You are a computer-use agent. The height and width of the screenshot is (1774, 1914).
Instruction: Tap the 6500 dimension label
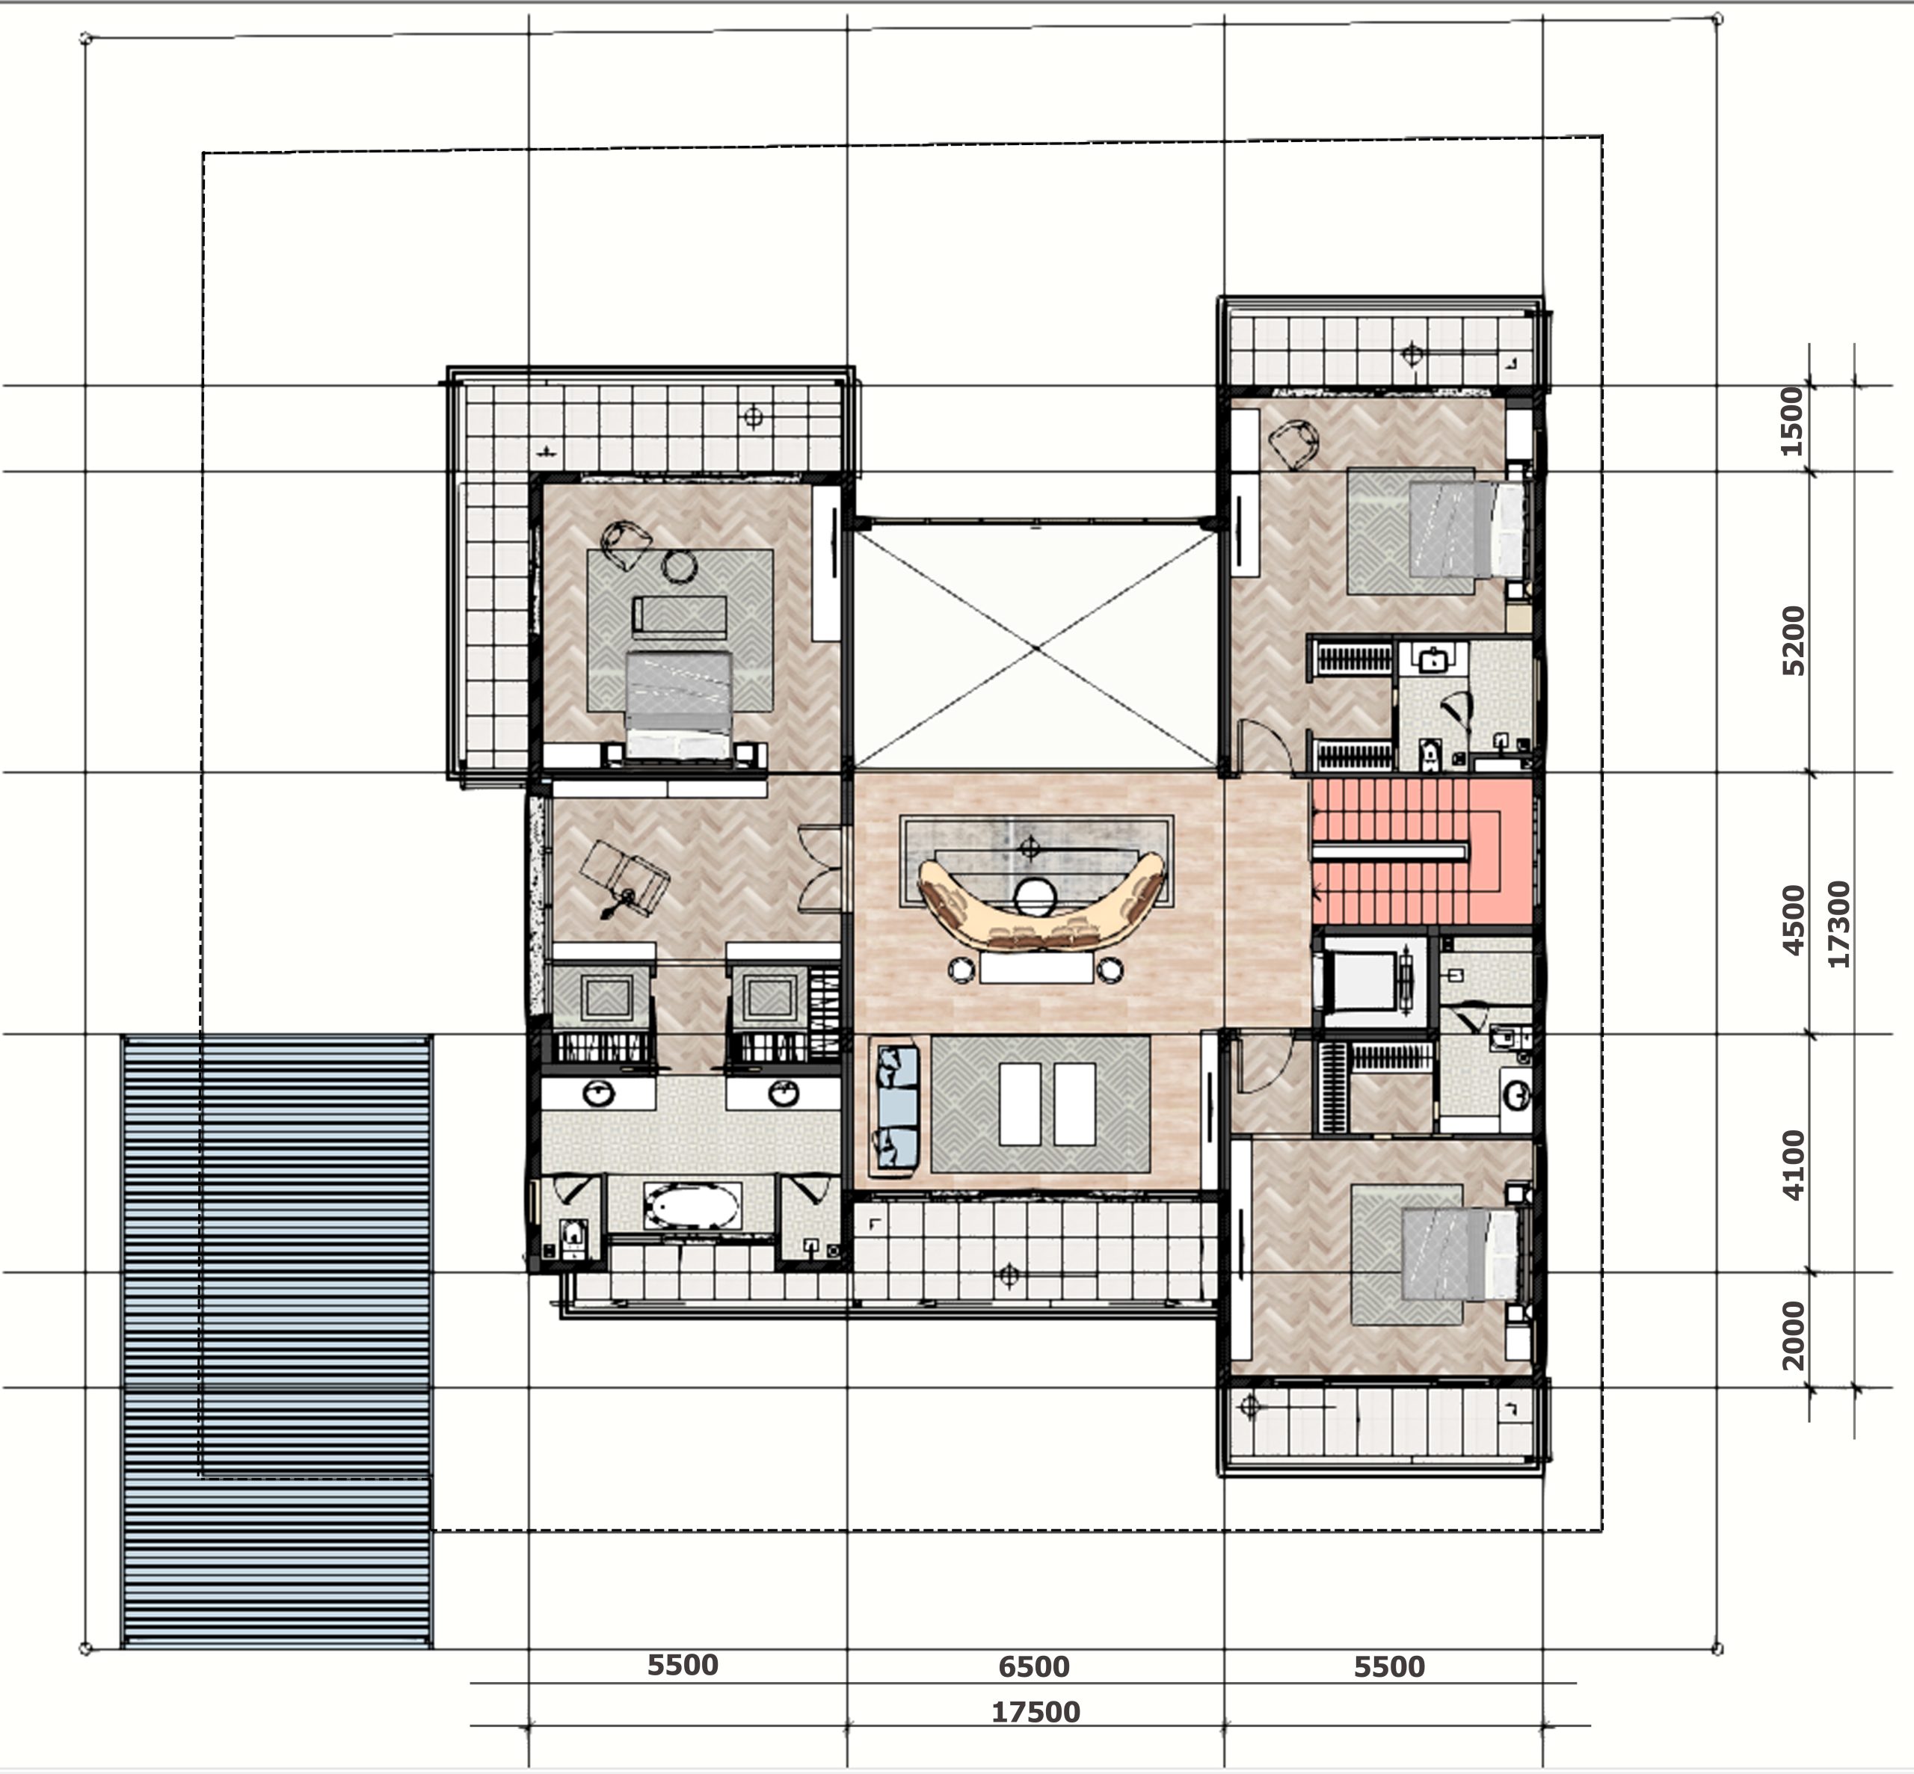(x=1034, y=1666)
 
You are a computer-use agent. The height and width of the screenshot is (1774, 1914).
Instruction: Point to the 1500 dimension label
(x=1791, y=422)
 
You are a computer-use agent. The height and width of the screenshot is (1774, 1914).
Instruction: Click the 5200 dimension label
(x=1792, y=640)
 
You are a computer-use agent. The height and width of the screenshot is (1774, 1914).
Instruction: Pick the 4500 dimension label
(x=1792, y=920)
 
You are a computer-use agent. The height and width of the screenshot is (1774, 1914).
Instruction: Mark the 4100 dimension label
(x=1792, y=1165)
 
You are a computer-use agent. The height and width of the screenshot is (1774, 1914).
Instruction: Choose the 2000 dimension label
(x=1792, y=1335)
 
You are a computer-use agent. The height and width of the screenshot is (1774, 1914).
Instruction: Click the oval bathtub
(x=693, y=1206)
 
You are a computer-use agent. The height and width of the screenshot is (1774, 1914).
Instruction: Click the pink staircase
(x=1421, y=851)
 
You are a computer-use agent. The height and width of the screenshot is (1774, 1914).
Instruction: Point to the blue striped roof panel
(x=277, y=1341)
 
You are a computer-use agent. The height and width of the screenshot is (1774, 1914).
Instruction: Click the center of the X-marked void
(x=1036, y=649)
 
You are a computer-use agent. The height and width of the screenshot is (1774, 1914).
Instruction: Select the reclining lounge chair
(x=626, y=876)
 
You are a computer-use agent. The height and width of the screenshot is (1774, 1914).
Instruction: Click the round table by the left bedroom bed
(x=680, y=567)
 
